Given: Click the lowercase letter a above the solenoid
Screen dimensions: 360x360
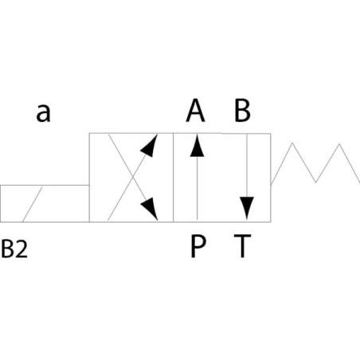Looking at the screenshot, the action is tap(43, 113).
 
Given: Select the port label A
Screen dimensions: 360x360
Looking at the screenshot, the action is tap(195, 110).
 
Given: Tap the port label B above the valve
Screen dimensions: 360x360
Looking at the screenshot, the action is tap(242, 110).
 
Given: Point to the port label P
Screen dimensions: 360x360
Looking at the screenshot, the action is tap(198, 246).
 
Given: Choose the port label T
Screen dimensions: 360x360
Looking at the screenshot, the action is tap(242, 246).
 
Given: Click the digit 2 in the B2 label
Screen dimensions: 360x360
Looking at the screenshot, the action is tap(22, 249).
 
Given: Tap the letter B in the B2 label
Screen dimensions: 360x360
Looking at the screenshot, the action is tap(7, 249).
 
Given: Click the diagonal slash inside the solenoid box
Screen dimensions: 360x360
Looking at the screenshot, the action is tap(33, 204).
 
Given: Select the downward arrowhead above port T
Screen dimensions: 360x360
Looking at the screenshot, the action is tap(247, 208).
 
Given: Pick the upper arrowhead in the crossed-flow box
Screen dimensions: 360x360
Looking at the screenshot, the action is tap(150, 146).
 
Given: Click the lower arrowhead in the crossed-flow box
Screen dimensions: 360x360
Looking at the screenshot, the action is tap(150, 209).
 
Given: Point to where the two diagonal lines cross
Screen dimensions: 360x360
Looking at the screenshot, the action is tap(133, 177).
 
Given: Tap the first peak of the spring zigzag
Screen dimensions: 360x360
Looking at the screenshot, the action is tap(292, 143).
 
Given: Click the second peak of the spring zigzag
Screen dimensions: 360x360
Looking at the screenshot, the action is tap(339, 144).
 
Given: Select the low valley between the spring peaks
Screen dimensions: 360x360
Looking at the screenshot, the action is tap(315, 182).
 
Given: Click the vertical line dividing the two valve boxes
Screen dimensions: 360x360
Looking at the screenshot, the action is tap(173, 178).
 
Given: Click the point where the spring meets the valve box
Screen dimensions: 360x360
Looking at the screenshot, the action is tap(271, 184).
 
